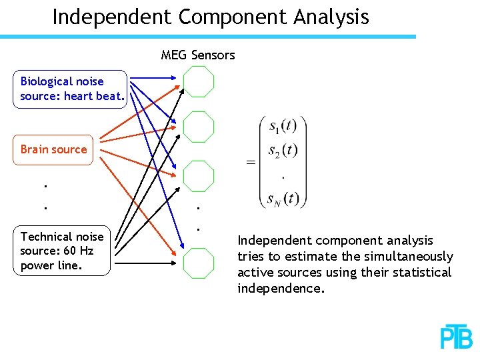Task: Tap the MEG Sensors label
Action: coord(198,55)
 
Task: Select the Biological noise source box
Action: coord(70,89)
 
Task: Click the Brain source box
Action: coord(54,149)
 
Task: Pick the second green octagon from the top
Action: coord(199,125)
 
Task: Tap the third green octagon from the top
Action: coord(199,176)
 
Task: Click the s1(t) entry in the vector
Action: coord(283,126)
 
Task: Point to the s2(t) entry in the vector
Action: coord(283,151)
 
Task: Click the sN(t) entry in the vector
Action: coord(283,198)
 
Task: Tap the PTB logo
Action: coord(457,337)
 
